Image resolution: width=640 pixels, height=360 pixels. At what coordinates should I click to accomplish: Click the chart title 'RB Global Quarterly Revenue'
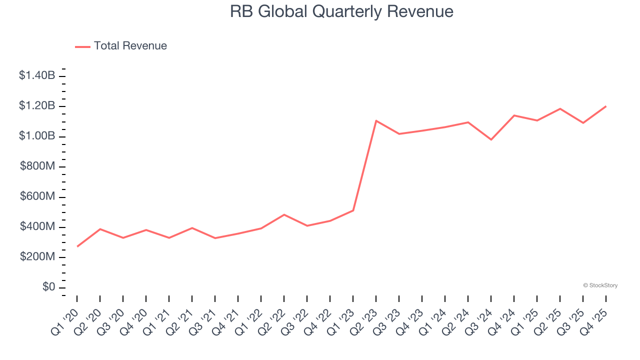[x=341, y=11]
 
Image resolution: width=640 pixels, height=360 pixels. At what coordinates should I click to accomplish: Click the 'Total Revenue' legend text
[x=130, y=46]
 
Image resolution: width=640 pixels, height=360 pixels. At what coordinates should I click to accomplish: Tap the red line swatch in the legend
[x=82, y=46]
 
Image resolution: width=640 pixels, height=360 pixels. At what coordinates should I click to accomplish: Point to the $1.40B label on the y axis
[x=37, y=76]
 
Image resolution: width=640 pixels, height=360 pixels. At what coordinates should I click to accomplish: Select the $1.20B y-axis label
[x=37, y=106]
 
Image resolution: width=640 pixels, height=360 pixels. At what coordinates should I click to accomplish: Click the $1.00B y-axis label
[x=37, y=136]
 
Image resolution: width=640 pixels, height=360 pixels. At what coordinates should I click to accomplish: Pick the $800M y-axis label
[x=37, y=166]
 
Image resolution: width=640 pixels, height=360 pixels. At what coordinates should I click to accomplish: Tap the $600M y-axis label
[x=37, y=197]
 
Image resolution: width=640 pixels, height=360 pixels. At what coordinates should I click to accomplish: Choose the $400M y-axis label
[x=37, y=227]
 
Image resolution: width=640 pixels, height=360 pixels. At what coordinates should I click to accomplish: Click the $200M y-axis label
[x=37, y=257]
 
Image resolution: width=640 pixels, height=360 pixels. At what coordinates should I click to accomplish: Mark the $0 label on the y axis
[x=48, y=287]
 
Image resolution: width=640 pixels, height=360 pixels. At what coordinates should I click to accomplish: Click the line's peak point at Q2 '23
[x=376, y=120]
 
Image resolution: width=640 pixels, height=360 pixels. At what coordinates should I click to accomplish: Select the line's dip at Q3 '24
[x=491, y=139]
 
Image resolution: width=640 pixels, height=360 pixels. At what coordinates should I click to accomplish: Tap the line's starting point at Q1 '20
[x=77, y=246]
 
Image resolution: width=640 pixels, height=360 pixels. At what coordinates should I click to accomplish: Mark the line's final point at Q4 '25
[x=606, y=106]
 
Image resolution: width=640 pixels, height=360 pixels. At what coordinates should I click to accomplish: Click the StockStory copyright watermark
[x=600, y=285]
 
